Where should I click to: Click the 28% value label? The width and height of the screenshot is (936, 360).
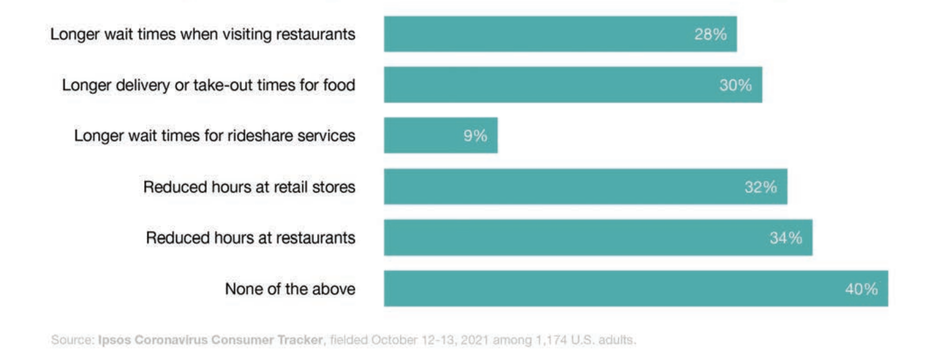[710, 34]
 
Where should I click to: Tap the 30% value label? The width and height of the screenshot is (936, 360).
[735, 85]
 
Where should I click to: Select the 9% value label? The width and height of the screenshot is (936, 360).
[475, 136]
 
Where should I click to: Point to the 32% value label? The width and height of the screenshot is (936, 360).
[760, 187]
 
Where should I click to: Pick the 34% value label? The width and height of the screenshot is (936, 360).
[786, 238]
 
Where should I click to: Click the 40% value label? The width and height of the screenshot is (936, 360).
[861, 289]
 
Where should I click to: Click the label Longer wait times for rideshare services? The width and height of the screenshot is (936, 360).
[214, 136]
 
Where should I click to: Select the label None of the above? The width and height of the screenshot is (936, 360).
[290, 289]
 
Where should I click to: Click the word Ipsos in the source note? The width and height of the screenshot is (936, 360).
[114, 340]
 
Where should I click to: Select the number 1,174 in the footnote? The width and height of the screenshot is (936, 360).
[551, 340]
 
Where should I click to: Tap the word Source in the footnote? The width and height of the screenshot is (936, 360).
[72, 340]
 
